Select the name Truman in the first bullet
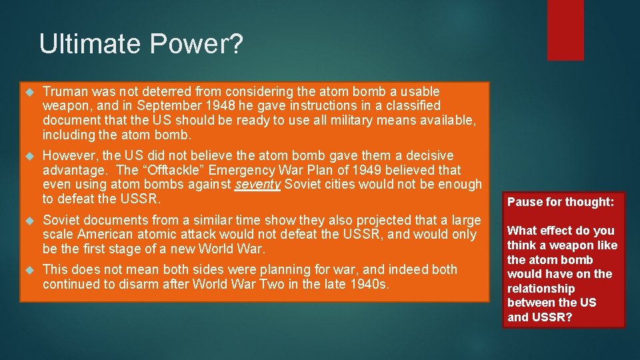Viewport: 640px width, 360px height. [66, 91]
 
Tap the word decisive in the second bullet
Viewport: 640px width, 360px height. [429, 155]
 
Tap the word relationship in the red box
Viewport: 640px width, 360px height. [541, 289]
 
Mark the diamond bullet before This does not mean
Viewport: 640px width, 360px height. [29, 270]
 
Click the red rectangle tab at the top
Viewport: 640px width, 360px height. [565, 30]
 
